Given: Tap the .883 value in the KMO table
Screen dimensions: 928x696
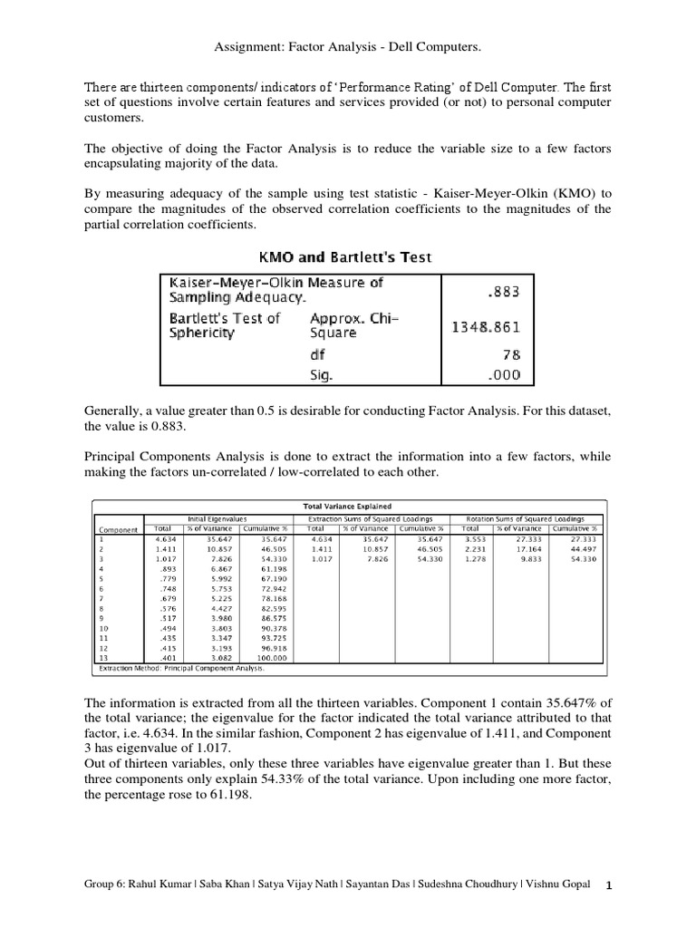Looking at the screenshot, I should pos(502,293).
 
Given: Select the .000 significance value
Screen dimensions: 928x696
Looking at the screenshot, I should pos(502,373).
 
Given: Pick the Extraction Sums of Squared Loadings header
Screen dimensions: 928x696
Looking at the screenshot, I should pos(374,517).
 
